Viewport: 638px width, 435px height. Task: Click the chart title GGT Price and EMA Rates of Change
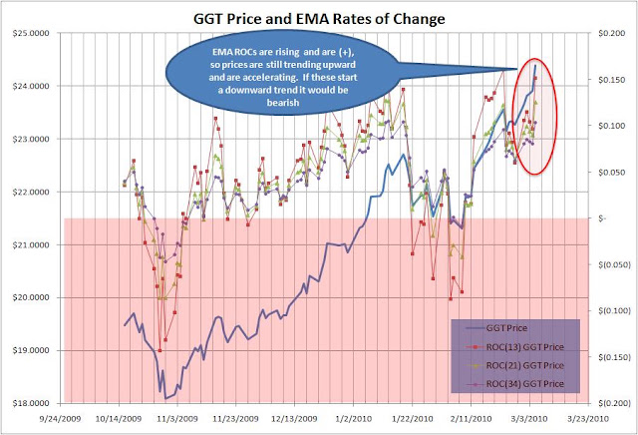(x=319, y=19)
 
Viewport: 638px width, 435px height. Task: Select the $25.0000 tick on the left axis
(x=31, y=33)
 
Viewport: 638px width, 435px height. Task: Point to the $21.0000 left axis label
(x=31, y=244)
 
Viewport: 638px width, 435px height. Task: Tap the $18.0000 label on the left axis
(x=31, y=403)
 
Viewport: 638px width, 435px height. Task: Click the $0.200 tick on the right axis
(x=611, y=33)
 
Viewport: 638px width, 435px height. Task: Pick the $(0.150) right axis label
(x=614, y=357)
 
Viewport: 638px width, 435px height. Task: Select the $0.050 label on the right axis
(x=611, y=172)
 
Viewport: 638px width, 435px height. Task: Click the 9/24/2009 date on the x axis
(x=60, y=418)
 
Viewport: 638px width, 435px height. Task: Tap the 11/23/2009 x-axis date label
(x=236, y=418)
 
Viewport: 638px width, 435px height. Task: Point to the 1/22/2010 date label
(x=412, y=418)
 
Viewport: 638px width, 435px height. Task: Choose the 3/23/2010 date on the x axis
(x=588, y=418)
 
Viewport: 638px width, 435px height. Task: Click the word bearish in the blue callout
(x=283, y=102)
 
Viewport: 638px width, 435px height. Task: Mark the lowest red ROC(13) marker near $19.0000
(x=159, y=350)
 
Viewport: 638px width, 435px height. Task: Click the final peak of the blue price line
(x=535, y=65)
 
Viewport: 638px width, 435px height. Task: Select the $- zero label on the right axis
(x=602, y=218)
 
